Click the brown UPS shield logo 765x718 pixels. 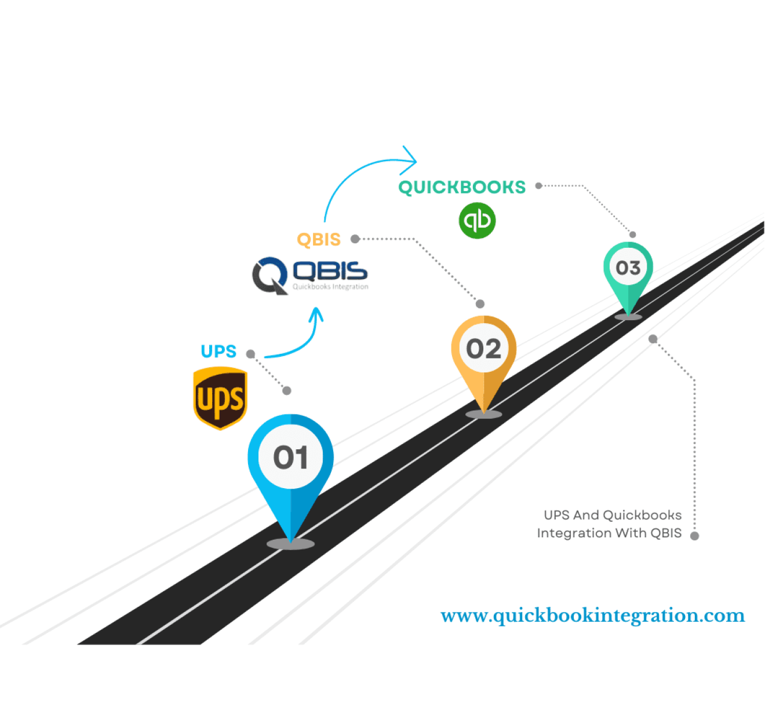(x=220, y=398)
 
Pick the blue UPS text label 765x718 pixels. (x=218, y=351)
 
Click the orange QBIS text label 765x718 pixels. (x=319, y=240)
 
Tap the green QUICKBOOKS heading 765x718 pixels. (x=462, y=187)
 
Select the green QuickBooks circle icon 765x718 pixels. (x=477, y=221)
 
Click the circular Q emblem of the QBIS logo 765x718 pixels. (x=270, y=276)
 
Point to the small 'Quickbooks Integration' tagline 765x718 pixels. (x=330, y=287)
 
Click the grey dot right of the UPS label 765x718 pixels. (x=250, y=354)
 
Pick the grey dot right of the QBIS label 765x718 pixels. (x=355, y=239)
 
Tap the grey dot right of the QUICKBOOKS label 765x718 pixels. (x=538, y=186)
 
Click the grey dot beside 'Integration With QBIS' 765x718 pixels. (x=694, y=536)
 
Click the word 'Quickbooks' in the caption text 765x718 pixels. (x=642, y=515)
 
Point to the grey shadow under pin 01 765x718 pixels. (x=290, y=544)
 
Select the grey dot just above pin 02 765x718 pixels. (x=479, y=304)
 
